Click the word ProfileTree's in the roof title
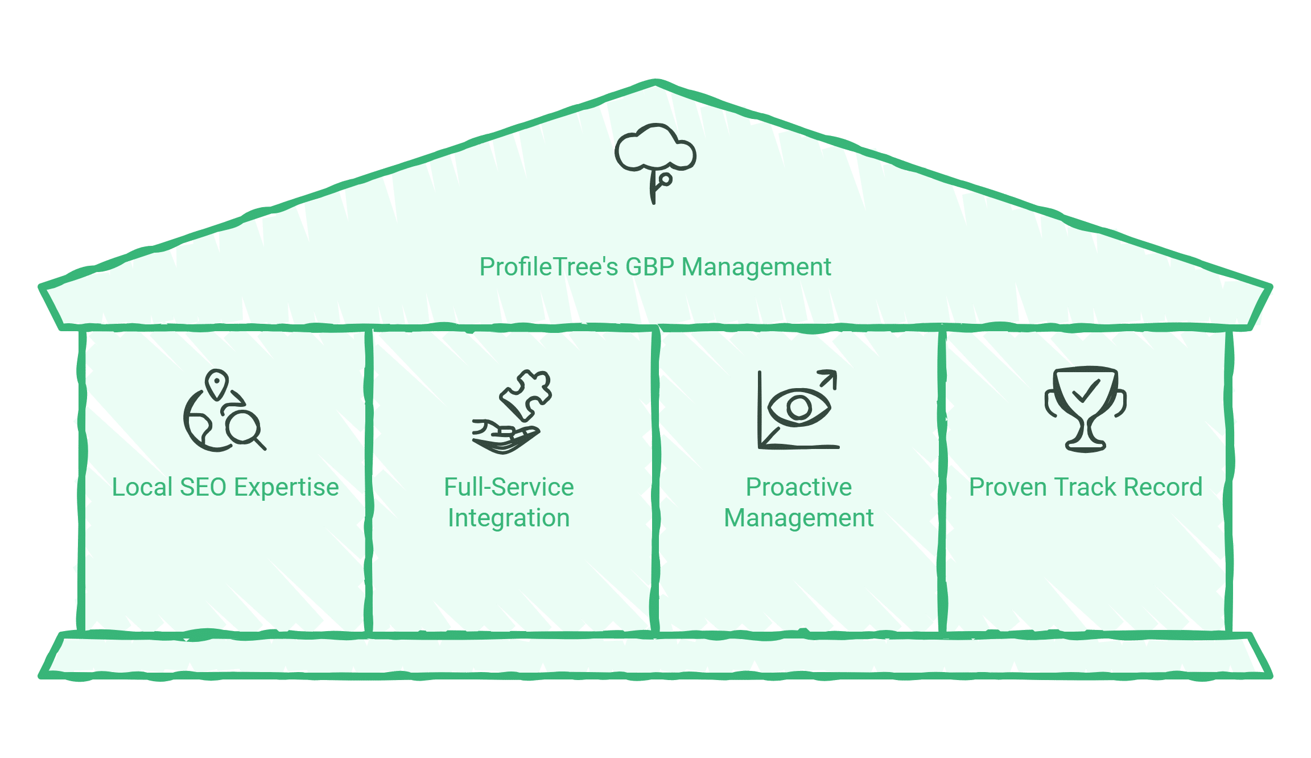pos(549,267)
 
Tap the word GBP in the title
pos(649,267)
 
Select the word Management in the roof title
pos(756,267)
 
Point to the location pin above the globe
pos(217,384)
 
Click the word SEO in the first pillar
pos(203,488)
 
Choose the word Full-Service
pos(509,488)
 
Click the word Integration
pos(509,518)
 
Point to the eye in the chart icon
pos(799,407)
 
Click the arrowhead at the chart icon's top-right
pos(830,377)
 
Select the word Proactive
pos(798,488)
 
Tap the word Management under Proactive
pos(798,518)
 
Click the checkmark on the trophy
pos(1085,391)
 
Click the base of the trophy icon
pos(1086,446)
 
